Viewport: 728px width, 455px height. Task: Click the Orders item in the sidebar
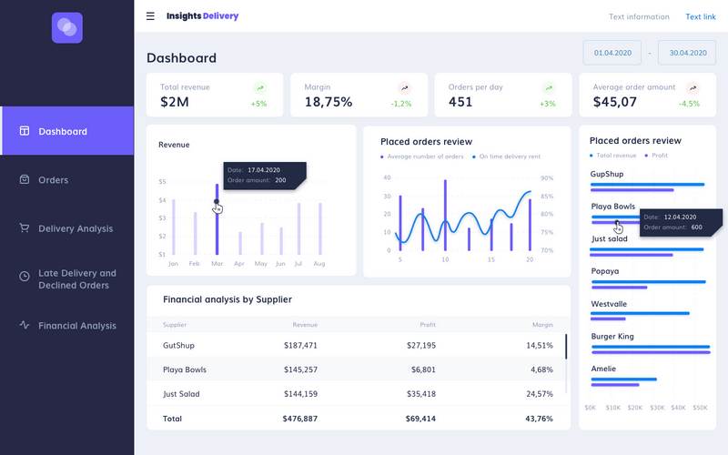tap(53, 180)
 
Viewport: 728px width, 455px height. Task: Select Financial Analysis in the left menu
tap(76, 326)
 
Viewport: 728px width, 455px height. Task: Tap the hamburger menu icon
tap(150, 16)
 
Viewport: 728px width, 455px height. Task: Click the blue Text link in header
tap(700, 16)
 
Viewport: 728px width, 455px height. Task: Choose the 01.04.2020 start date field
tap(612, 53)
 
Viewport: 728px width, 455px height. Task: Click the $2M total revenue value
tap(175, 102)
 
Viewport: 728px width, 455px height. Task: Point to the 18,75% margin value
tap(328, 102)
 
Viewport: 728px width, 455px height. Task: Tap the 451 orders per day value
tap(460, 102)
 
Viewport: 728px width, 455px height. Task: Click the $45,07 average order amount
tap(615, 102)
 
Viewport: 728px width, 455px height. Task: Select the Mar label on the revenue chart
tap(217, 264)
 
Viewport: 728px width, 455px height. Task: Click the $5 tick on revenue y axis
tap(162, 182)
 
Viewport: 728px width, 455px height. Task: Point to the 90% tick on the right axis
tap(546, 178)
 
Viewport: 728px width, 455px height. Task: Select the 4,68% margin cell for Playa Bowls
tap(541, 369)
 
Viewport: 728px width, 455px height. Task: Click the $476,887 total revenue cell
tap(300, 419)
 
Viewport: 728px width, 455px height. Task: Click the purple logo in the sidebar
tap(67, 27)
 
